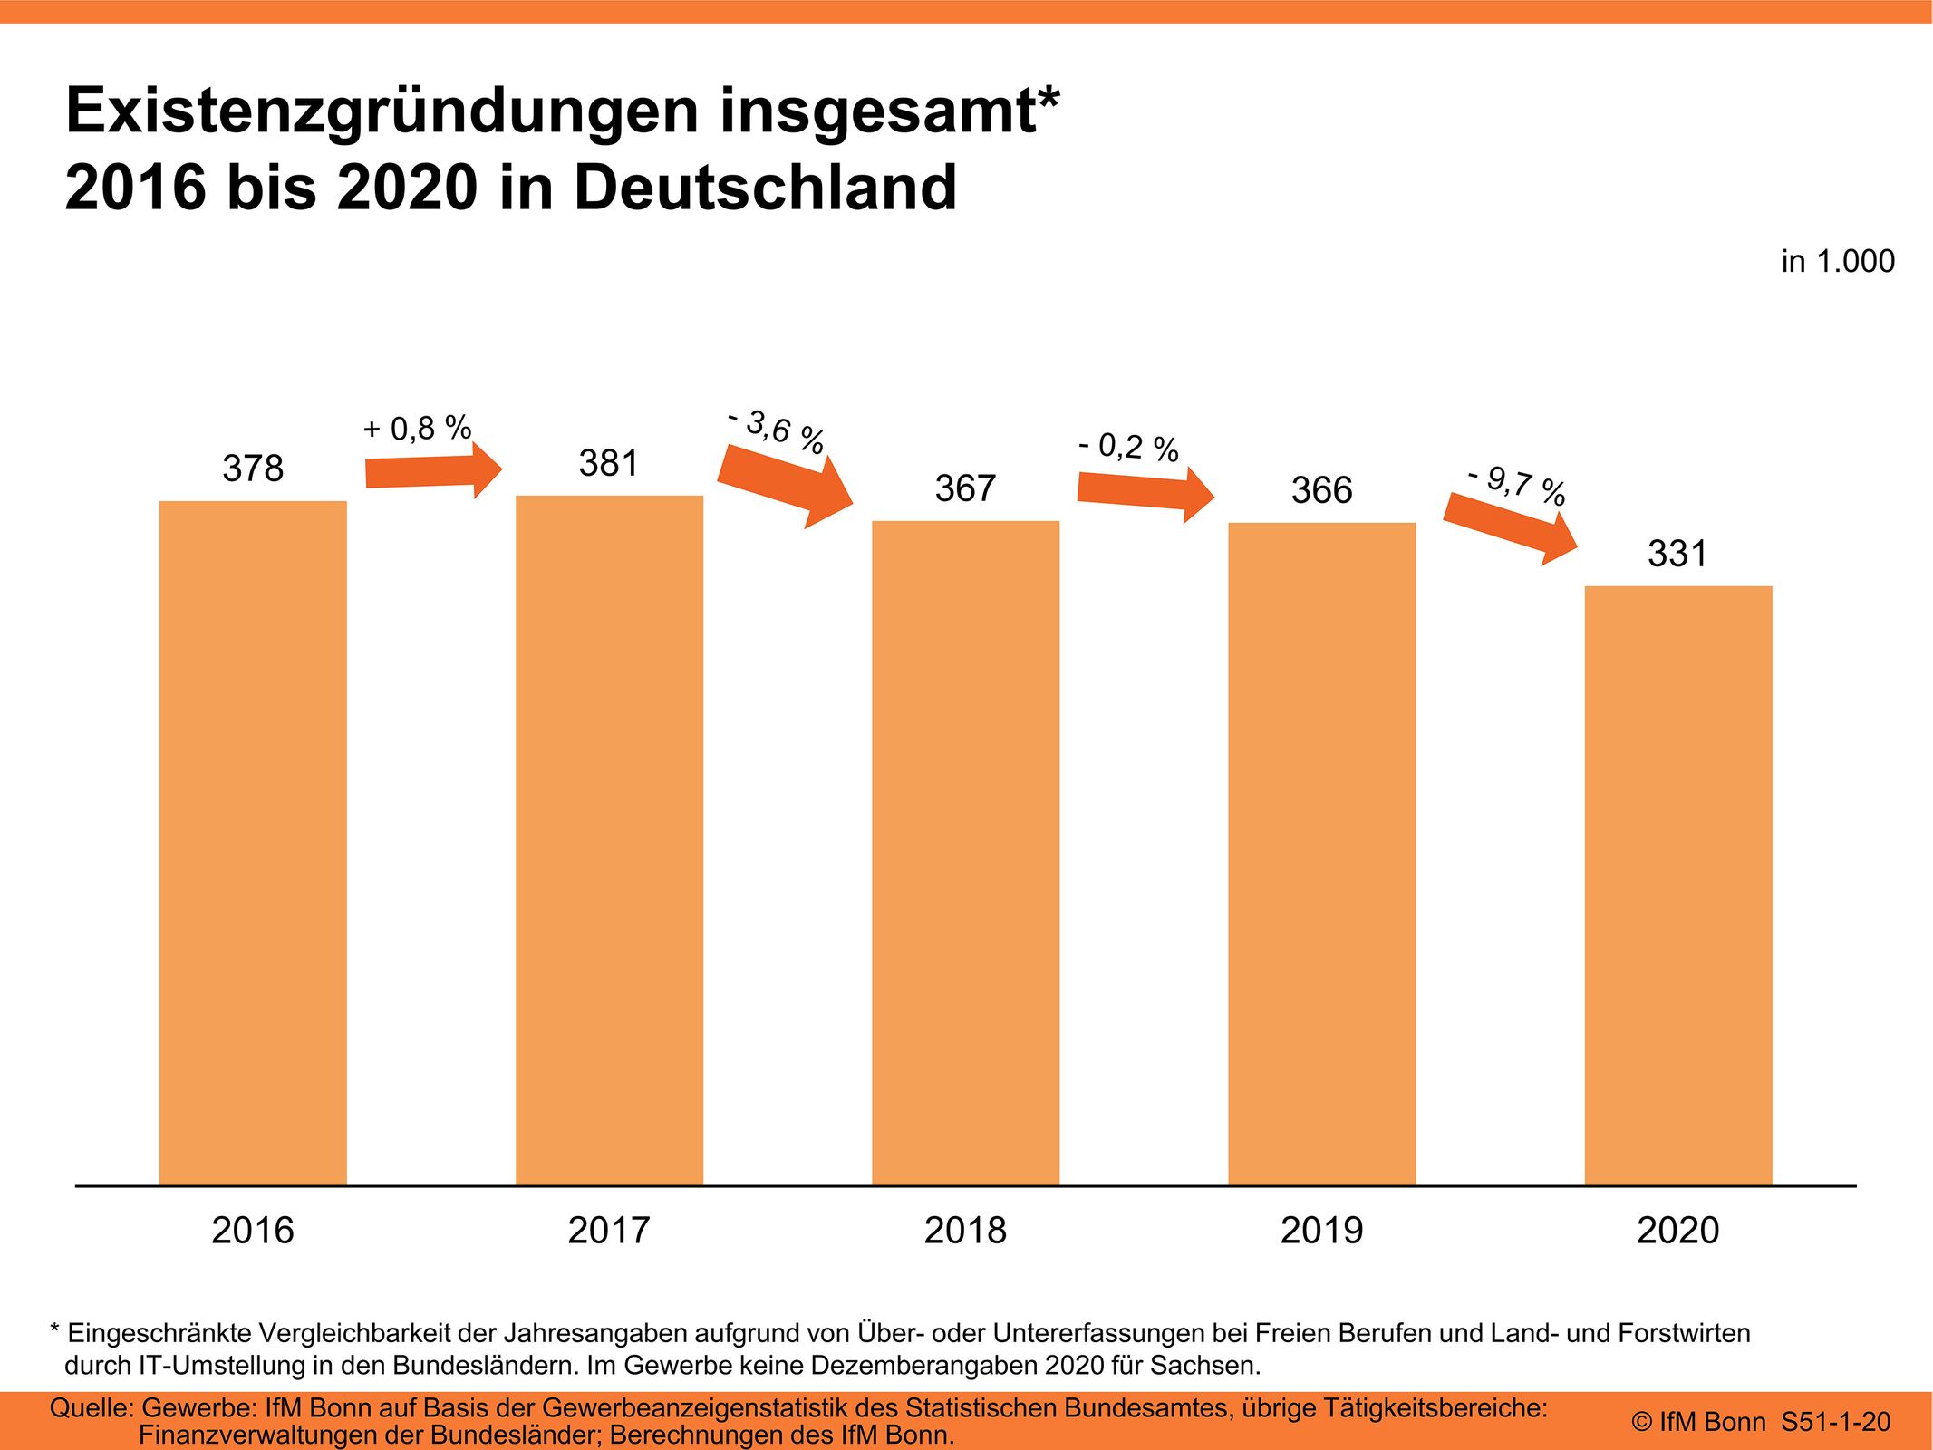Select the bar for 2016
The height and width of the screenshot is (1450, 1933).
[253, 843]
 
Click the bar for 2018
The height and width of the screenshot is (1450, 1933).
[965, 852]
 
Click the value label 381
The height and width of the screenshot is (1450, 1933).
[609, 464]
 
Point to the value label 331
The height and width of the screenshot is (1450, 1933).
[1677, 554]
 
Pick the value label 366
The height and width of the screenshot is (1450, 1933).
[1321, 490]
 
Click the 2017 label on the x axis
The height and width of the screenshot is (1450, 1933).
[609, 1231]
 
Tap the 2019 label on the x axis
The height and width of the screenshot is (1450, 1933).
[1321, 1231]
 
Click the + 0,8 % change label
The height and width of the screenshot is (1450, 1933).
[417, 428]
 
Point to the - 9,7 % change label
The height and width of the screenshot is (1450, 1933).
[1517, 485]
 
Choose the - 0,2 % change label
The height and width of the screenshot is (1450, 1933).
[1128, 447]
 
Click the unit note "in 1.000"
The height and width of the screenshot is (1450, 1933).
[1837, 262]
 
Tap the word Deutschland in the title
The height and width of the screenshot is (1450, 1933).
[765, 188]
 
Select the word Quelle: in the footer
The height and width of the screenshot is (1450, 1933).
[92, 1408]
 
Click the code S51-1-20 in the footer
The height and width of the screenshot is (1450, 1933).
[1835, 1422]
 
